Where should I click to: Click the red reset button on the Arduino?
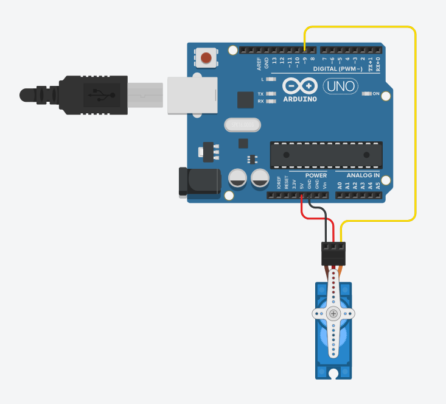(x=206, y=58)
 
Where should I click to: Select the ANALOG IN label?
(x=358, y=175)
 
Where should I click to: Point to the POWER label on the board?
(x=316, y=175)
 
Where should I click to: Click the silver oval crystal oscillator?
(x=242, y=125)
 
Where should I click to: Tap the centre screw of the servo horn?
(x=333, y=314)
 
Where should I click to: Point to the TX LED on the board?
(x=271, y=94)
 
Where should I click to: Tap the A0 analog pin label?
(x=340, y=184)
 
